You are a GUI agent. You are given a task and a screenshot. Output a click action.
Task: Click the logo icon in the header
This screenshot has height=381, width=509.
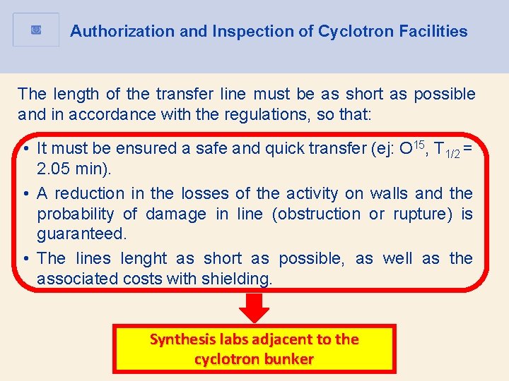coord(37,30)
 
